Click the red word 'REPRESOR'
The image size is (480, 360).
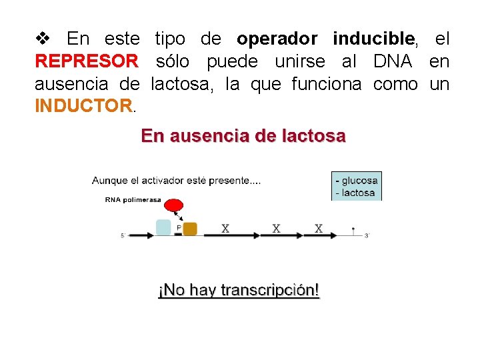click(87, 62)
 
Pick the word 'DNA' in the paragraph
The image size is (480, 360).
click(393, 62)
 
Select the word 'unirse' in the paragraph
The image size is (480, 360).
click(299, 62)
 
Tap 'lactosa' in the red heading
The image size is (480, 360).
click(312, 137)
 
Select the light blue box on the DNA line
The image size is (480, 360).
click(163, 227)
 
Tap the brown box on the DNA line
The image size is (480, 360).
click(190, 229)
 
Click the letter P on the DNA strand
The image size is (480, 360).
click(178, 227)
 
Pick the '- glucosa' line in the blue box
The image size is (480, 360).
click(357, 180)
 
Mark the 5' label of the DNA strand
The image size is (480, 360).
click(123, 235)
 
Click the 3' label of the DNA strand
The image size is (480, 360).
click(367, 235)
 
